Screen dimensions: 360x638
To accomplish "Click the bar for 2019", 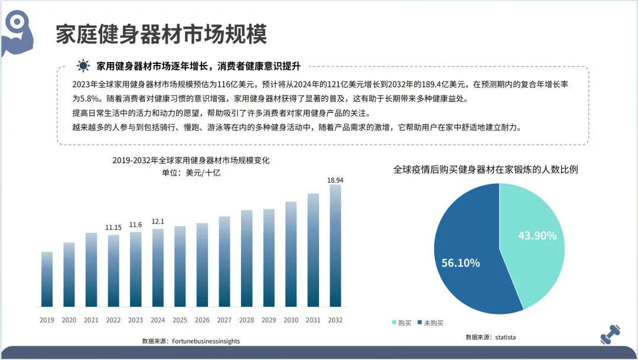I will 47,279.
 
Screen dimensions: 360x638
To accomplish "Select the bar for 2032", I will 335,245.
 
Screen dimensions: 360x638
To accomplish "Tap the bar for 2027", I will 224,261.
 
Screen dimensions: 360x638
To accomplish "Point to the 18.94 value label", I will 335,179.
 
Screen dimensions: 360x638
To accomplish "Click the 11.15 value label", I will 113,228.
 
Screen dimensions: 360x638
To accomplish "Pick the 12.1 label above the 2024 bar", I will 158,222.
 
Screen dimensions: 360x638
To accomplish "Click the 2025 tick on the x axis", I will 180,320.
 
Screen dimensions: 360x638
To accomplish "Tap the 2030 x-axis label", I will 291,320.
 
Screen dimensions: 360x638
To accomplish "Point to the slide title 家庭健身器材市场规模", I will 161,34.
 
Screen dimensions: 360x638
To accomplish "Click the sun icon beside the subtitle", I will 84,66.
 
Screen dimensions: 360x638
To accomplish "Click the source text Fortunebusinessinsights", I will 206,341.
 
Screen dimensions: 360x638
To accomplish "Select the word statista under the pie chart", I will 505,337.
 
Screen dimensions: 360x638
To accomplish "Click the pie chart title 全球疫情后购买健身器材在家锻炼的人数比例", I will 486,170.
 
